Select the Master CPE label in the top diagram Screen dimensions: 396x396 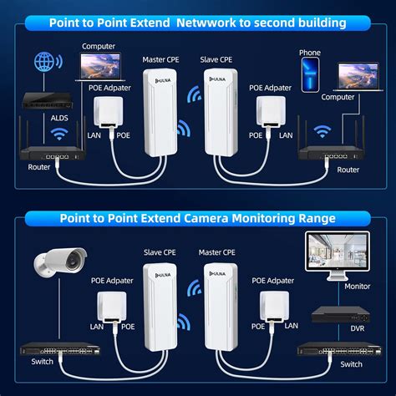tap(160, 60)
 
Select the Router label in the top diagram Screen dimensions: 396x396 tap(39, 167)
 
